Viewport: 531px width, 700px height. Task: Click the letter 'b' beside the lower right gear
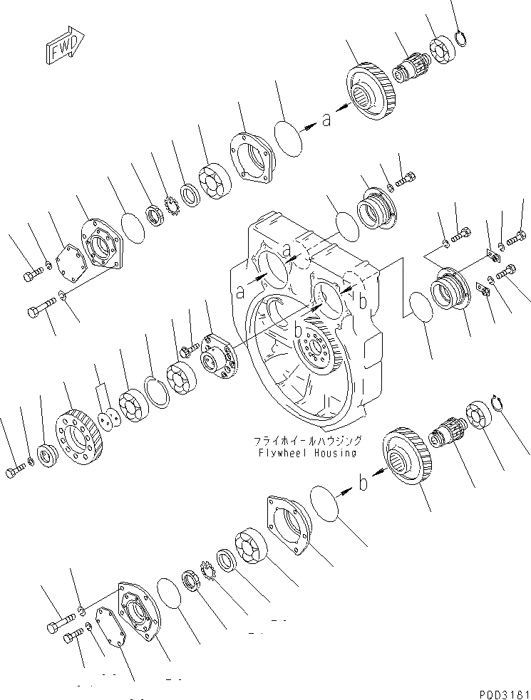pos(363,486)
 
